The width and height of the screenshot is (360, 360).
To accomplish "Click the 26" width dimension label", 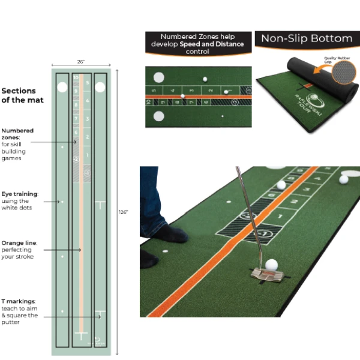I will click(80, 61).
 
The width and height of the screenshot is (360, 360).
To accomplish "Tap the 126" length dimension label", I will click(124, 212).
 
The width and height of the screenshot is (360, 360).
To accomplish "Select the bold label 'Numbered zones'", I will click(17, 133).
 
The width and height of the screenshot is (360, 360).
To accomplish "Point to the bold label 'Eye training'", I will click(20, 194).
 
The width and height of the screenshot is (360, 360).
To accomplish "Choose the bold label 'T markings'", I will click(19, 301).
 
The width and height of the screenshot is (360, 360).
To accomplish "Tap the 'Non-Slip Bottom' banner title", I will click(306, 39).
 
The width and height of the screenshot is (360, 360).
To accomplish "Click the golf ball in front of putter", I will click(272, 265).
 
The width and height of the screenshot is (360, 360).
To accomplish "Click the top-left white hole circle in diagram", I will click(62, 87).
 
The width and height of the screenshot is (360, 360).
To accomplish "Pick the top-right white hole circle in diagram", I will click(100, 87).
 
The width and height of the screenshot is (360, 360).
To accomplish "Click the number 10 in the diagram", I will click(76, 77).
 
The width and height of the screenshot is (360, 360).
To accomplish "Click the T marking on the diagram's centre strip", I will click(81, 334).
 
